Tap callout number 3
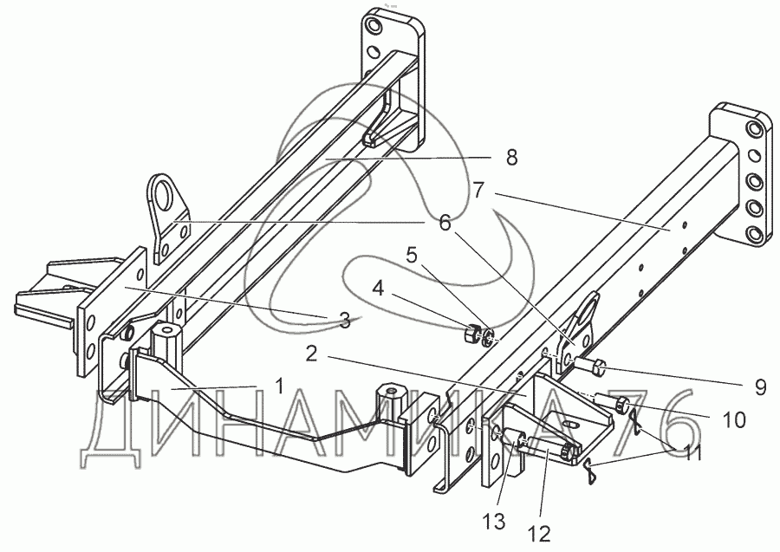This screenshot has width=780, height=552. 344,321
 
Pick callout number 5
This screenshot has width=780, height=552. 413,256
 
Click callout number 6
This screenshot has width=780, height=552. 445,223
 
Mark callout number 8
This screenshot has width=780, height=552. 510,157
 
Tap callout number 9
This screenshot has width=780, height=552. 759,387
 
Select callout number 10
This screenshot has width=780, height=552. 733,420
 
